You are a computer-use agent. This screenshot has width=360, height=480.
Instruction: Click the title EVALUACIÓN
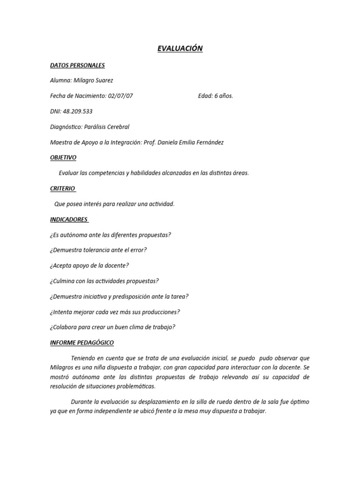point(180,49)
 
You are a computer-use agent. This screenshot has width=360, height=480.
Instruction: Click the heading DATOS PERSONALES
point(77,66)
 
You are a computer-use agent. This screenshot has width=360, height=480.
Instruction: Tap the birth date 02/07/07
point(120,96)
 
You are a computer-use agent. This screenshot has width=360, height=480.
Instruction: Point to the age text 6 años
point(223,96)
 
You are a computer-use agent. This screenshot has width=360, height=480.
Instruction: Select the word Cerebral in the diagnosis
point(117,127)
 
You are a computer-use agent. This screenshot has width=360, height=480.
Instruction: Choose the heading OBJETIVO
point(63,157)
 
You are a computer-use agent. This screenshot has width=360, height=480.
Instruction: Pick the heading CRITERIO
point(62,188)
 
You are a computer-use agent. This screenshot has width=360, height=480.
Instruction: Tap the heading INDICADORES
point(69,219)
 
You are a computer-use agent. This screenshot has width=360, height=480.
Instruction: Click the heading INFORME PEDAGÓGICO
point(82,343)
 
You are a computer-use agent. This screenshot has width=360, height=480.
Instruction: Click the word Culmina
point(66,281)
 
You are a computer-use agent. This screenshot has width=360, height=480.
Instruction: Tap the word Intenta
point(63,312)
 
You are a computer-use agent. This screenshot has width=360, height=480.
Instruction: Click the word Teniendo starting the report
point(85,358)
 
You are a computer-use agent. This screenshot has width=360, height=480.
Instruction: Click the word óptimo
point(299,402)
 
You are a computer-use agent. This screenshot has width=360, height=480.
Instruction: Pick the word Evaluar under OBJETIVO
point(69,173)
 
